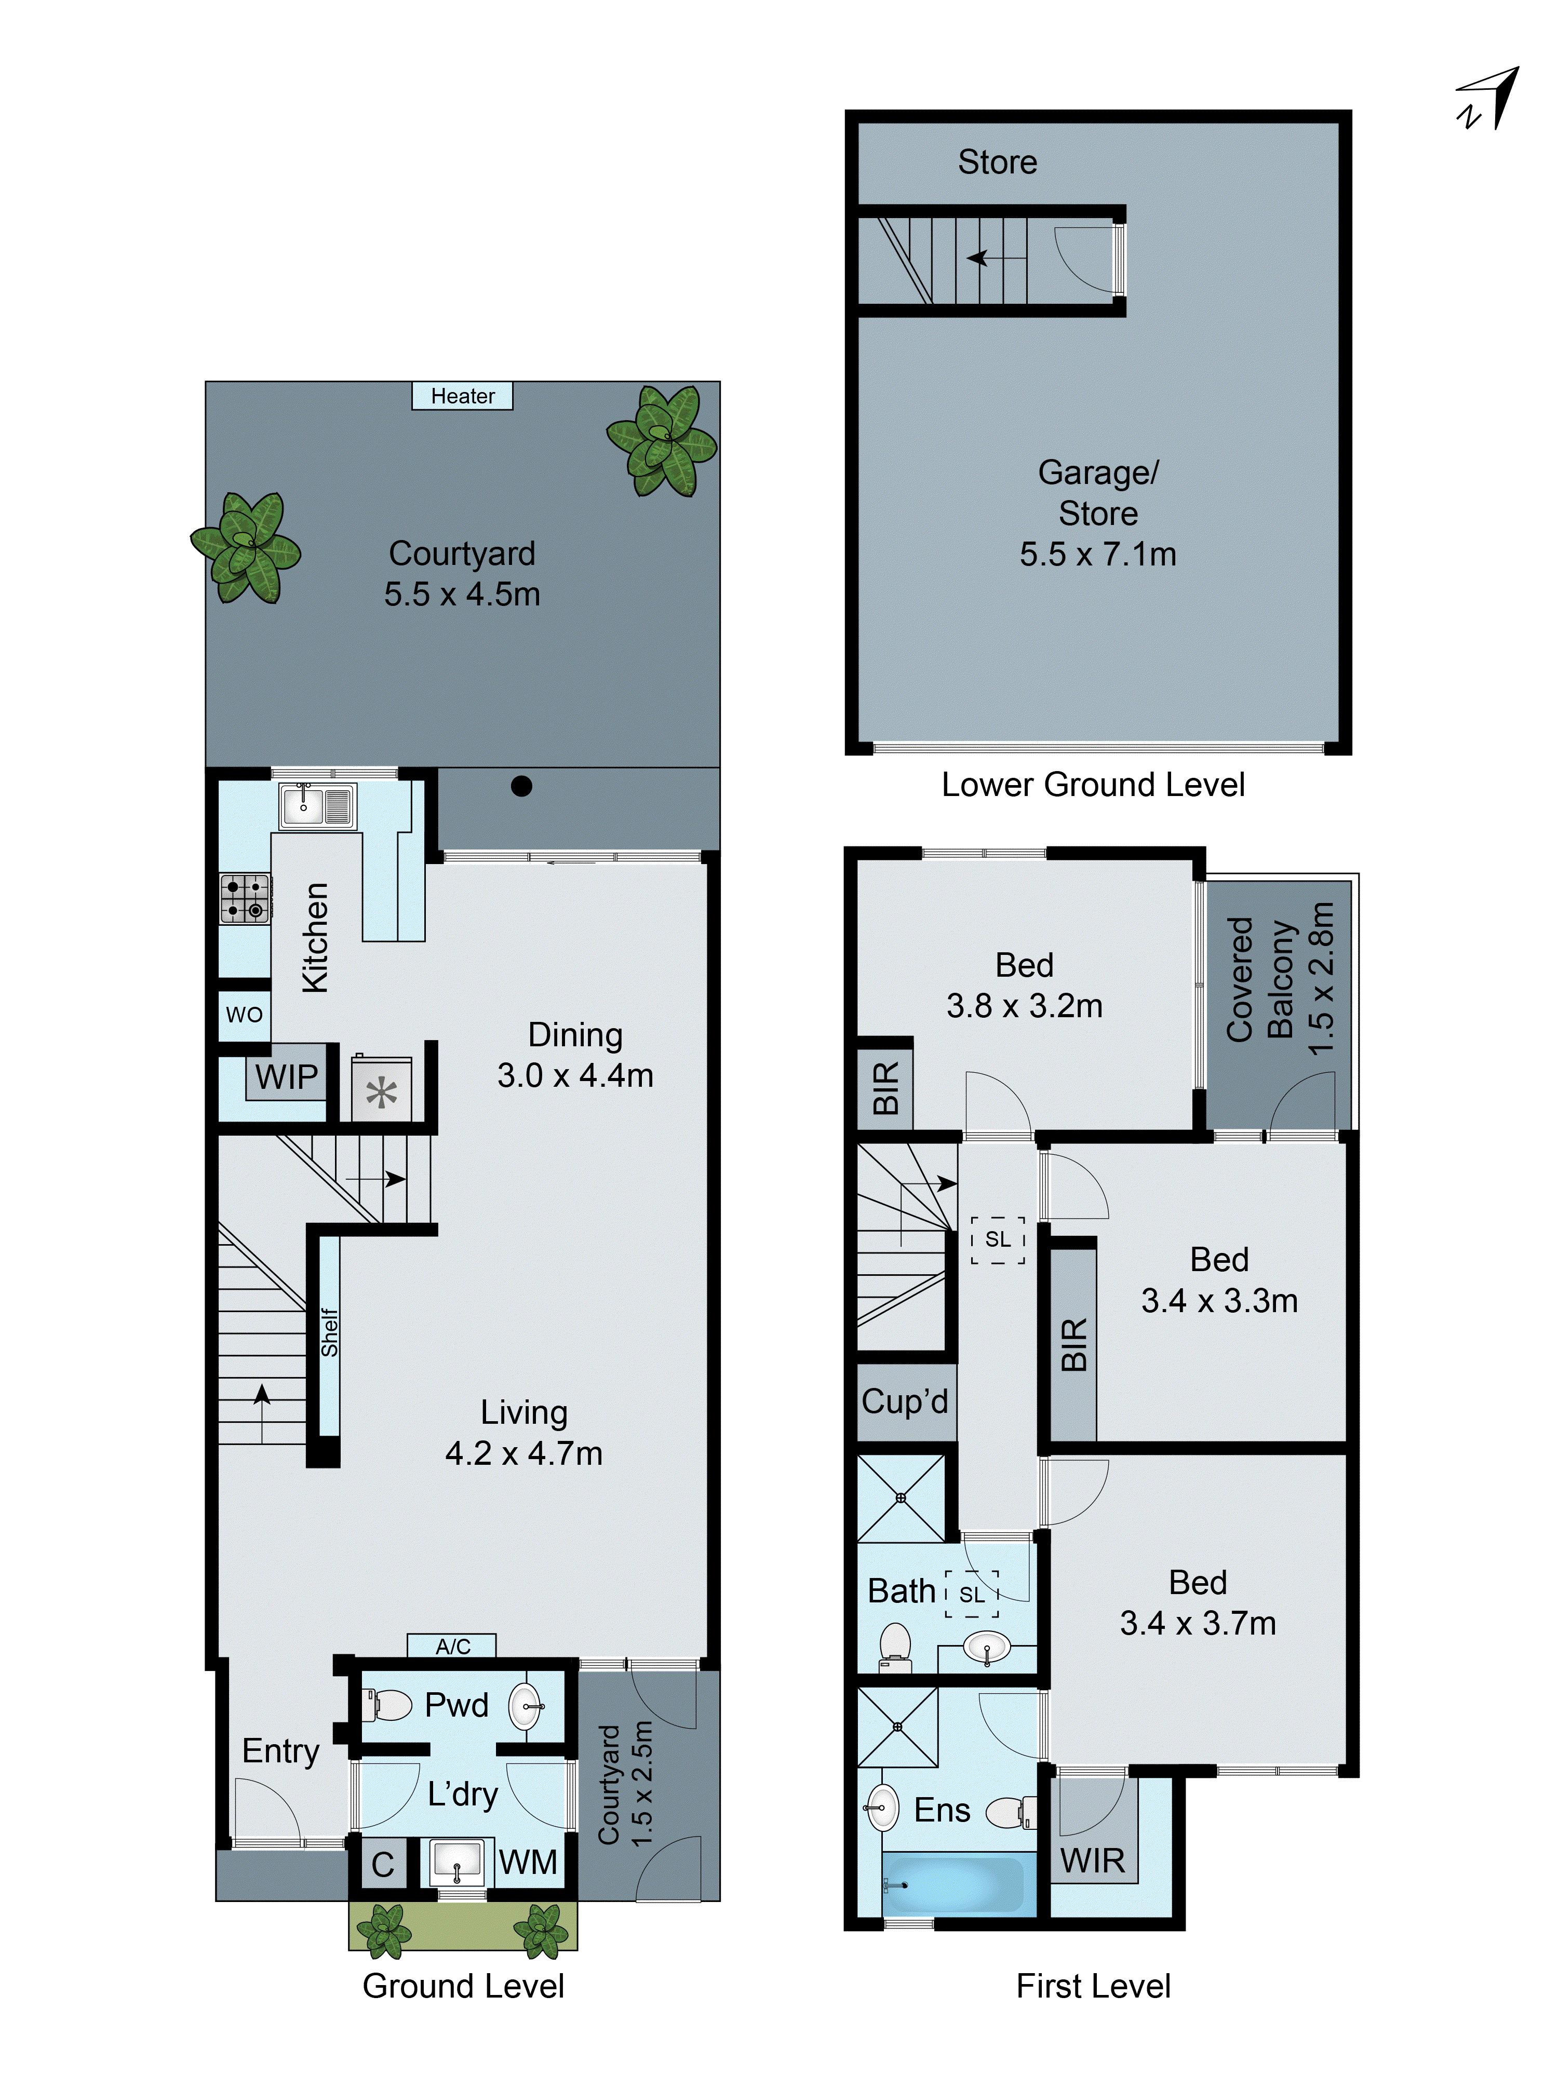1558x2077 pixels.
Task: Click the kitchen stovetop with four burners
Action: coord(244,898)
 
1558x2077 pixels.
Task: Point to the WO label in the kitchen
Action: coord(244,1015)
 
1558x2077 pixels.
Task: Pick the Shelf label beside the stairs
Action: coord(329,1333)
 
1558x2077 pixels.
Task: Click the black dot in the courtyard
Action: coord(521,787)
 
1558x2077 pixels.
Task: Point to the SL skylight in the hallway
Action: coord(997,1239)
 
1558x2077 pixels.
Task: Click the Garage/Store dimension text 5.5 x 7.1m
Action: coord(1098,554)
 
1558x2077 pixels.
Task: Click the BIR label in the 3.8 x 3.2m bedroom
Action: coord(885,1087)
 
